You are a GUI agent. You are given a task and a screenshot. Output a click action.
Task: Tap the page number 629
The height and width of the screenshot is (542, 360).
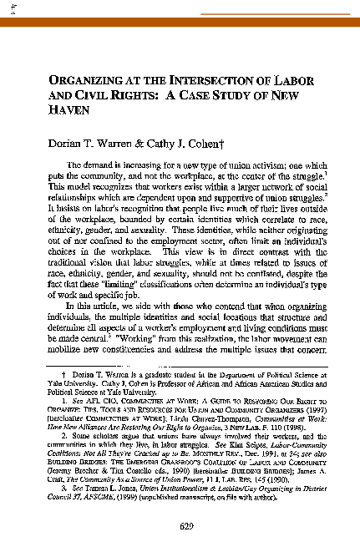(186, 501)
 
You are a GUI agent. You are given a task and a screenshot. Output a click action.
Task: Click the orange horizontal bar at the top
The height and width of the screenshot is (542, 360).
(180, 22)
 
